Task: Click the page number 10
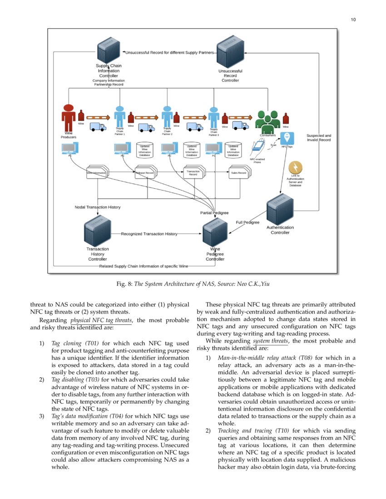click(353, 20)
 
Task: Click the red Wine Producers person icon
click(69, 117)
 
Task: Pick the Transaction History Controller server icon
click(98, 232)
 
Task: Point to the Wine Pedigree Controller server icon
click(215, 232)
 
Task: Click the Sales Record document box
click(238, 173)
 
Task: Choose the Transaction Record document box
click(193, 173)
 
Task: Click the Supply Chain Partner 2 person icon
click(167, 117)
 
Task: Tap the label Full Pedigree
click(247, 222)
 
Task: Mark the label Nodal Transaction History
click(98, 207)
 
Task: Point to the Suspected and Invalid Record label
click(319, 137)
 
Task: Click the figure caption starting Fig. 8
click(193, 284)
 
